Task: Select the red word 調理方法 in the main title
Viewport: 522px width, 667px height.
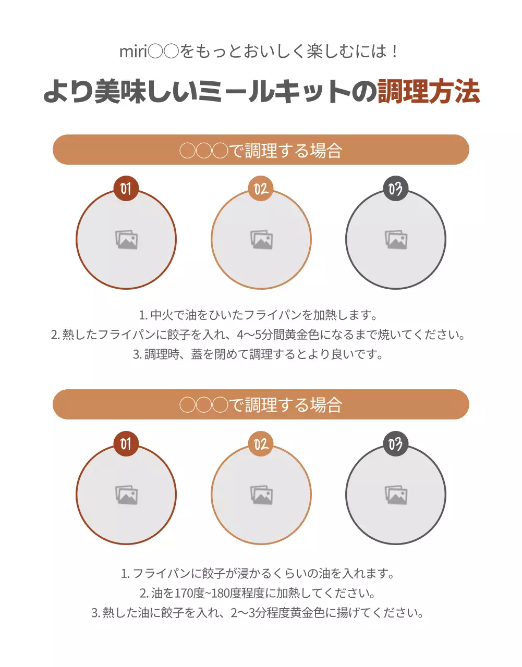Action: pos(428,92)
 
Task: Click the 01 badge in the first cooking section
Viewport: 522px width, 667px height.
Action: pos(126,189)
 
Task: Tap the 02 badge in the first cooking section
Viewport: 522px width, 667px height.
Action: pos(261,189)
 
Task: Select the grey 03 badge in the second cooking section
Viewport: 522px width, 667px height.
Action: pos(395,444)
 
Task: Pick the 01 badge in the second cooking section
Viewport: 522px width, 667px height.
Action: pos(126,444)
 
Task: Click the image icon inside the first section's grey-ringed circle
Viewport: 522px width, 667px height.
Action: pos(396,240)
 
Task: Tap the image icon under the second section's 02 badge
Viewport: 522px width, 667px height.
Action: pos(261,495)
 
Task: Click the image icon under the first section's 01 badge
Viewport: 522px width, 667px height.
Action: pos(127,240)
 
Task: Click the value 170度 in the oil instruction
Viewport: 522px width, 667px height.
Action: pos(189,593)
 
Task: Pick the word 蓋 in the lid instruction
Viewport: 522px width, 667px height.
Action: pos(197,354)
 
